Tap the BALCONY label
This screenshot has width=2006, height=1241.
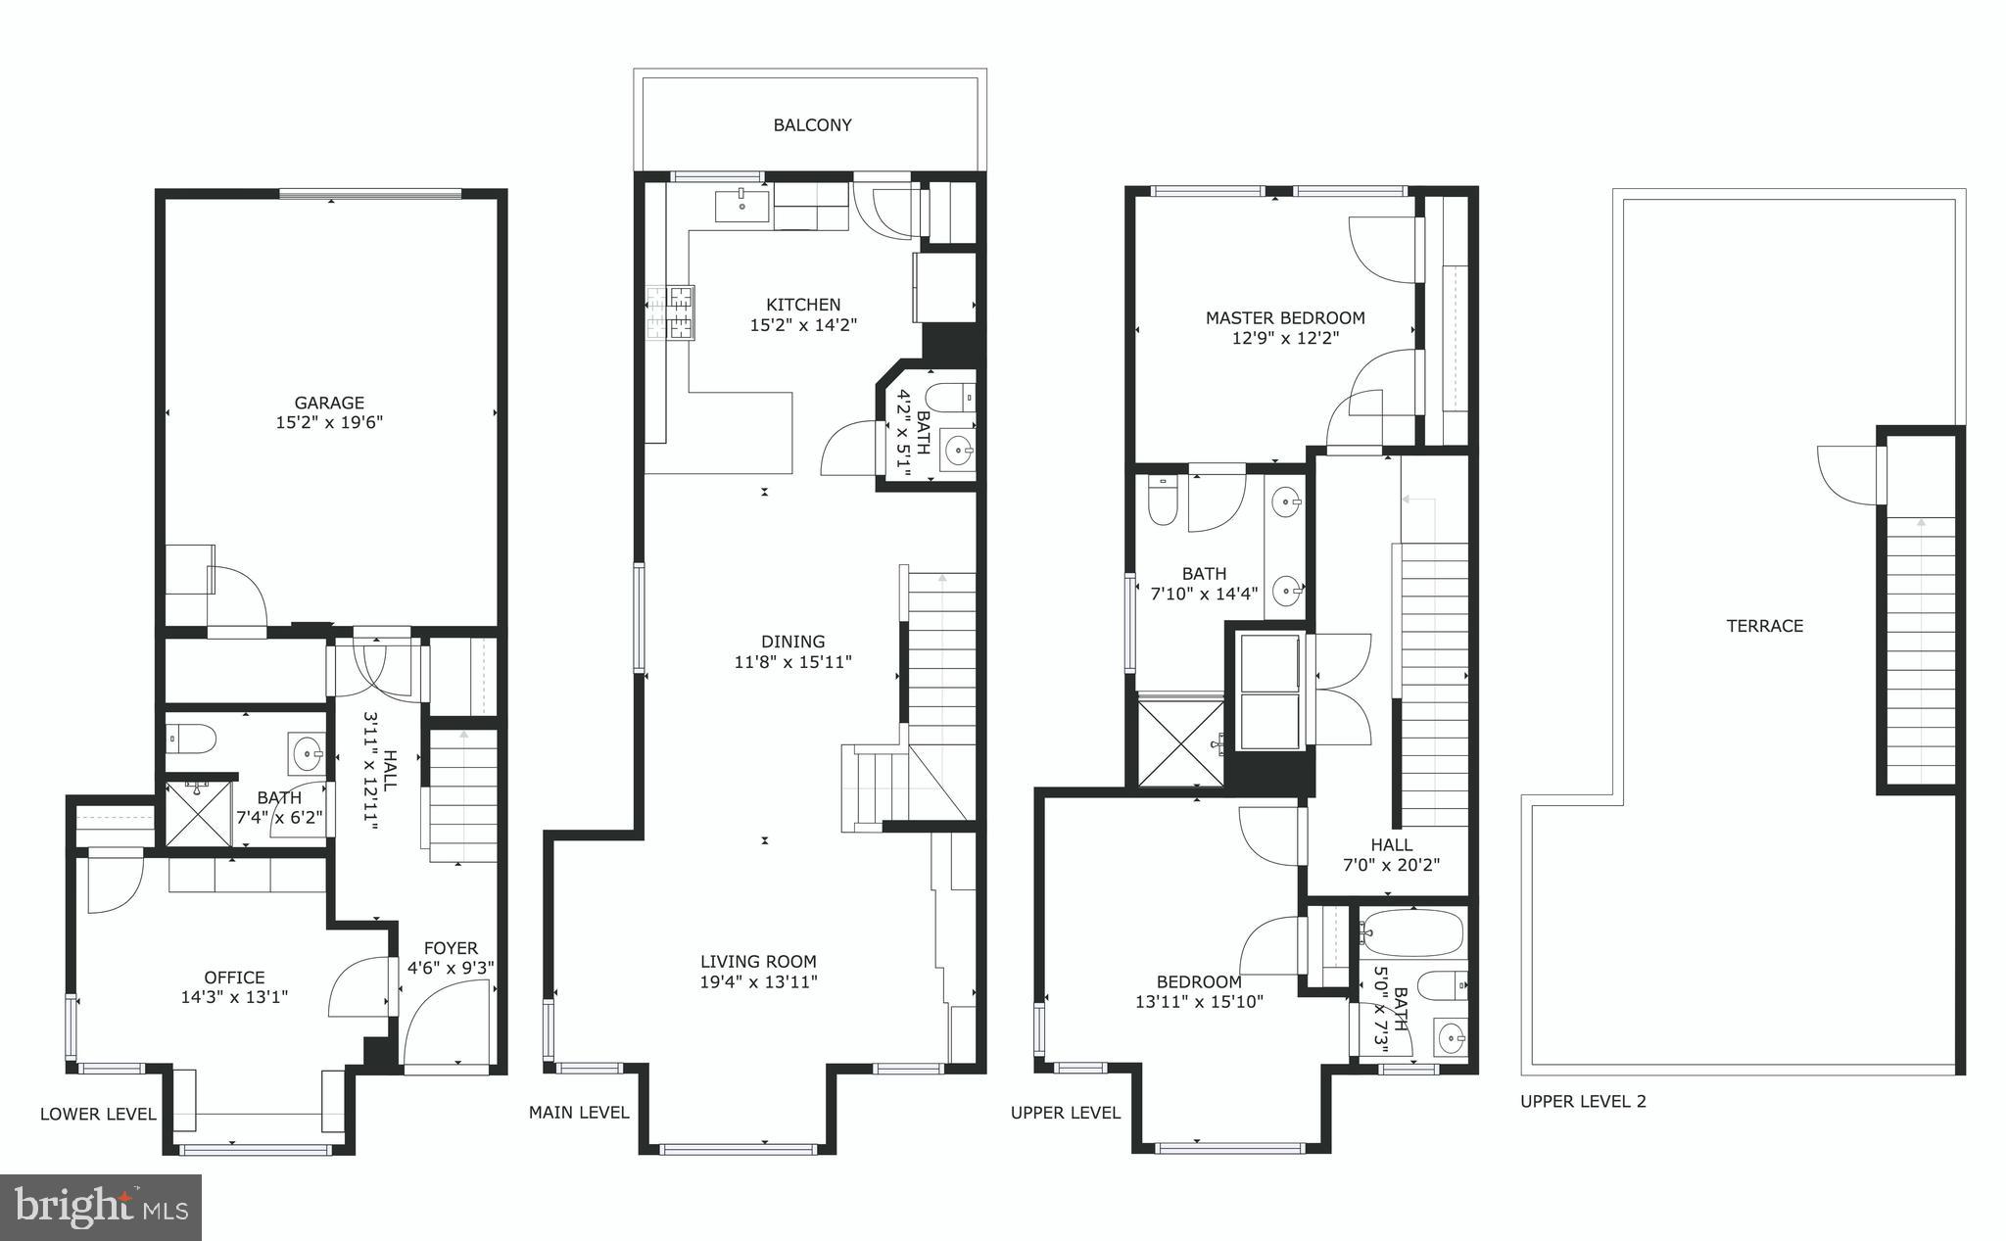click(812, 125)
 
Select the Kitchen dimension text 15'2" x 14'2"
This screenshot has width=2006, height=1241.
click(803, 325)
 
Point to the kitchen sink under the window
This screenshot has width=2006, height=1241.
click(741, 207)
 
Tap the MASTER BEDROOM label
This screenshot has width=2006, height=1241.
click(1284, 318)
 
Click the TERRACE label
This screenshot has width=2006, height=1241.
click(1764, 626)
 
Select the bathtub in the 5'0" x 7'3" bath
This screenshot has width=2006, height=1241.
click(1412, 933)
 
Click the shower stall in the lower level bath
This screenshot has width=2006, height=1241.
click(199, 813)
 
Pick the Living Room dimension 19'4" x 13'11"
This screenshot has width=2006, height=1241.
click(758, 982)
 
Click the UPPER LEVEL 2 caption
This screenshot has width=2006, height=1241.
click(1583, 1102)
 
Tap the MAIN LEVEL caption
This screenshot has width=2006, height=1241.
click(579, 1113)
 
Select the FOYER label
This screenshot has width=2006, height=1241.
click(451, 948)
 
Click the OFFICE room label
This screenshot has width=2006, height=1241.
click(234, 978)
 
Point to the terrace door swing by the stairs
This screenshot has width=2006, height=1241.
click(1847, 474)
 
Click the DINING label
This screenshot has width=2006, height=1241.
click(792, 643)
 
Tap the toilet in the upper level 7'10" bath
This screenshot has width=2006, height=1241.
click(1163, 501)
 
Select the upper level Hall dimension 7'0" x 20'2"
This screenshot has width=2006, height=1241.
click(1391, 866)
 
